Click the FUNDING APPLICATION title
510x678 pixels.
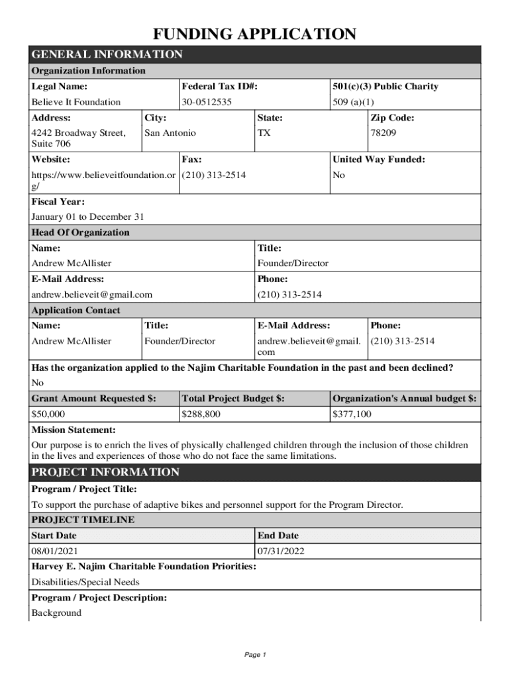255,34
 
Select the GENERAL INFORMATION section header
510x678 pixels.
107,54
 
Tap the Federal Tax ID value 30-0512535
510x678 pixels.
207,102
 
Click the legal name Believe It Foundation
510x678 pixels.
76,102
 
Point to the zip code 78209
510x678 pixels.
383,133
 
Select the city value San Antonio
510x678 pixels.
170,133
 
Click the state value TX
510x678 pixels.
264,133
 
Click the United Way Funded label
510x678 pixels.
379,160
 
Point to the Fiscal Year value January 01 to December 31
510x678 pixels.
87,217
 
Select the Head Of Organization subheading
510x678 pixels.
81,232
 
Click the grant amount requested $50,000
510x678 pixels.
48,414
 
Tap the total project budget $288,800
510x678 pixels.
201,414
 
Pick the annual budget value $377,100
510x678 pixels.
352,414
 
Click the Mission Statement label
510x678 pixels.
74,430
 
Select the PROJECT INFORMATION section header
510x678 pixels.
105,472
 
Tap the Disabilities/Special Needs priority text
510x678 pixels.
85,582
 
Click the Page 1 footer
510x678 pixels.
255,655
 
